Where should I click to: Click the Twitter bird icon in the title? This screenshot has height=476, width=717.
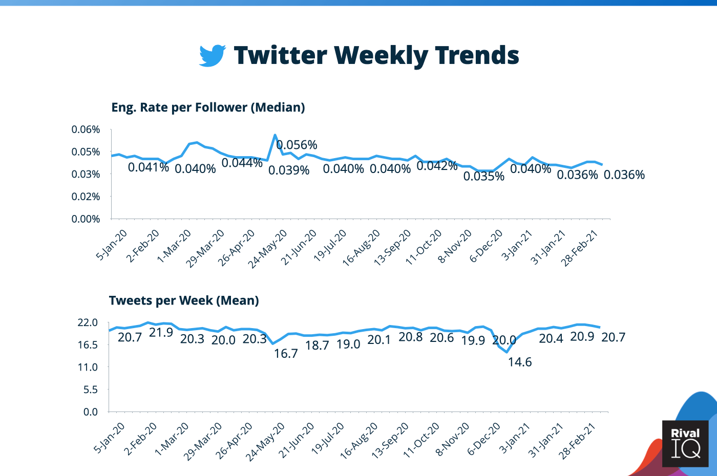[212, 55]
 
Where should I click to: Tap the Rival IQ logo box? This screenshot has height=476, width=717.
[685, 443]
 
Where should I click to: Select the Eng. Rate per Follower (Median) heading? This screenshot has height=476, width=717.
[208, 107]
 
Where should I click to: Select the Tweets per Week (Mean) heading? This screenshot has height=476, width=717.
[184, 300]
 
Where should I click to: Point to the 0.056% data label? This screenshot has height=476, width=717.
[297, 145]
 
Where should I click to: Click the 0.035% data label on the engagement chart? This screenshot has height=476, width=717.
[484, 177]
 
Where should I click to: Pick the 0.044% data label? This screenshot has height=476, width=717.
[242, 163]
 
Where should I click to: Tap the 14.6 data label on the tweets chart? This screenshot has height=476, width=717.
[520, 362]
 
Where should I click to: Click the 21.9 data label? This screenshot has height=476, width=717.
[161, 333]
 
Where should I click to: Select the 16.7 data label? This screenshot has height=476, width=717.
[286, 354]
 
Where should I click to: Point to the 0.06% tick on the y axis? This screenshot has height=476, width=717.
[86, 129]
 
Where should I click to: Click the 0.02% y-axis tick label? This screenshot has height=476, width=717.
[86, 197]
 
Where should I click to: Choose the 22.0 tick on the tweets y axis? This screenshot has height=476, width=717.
[88, 322]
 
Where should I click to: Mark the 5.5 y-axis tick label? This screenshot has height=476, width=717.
[91, 390]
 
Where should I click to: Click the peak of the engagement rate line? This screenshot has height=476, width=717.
[275, 135]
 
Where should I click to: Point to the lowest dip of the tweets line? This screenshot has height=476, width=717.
[507, 352]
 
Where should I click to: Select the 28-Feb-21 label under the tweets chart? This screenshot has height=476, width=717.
[578, 441]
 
